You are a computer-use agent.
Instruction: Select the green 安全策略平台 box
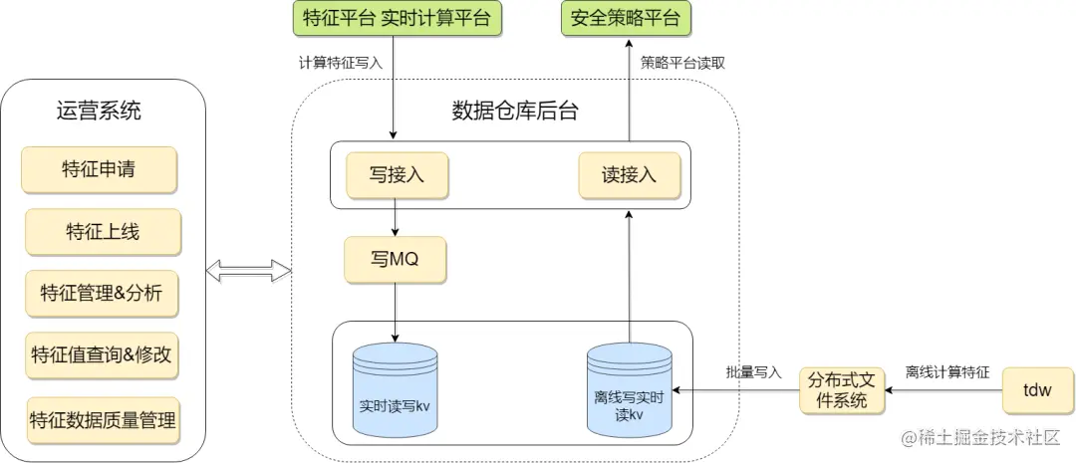[626, 18]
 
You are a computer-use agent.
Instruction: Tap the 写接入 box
[397, 174]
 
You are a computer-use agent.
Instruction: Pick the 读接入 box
[630, 174]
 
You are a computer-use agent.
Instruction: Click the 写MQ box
[395, 259]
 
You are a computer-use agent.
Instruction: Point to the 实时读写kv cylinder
[395, 390]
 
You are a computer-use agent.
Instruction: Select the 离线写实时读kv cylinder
[629, 390]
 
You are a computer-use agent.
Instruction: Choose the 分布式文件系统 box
[842, 390]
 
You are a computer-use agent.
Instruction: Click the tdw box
[1036, 390]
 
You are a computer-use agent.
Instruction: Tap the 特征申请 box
[100, 169]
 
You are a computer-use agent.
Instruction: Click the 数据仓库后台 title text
[514, 110]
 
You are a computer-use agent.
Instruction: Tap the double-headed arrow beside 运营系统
[248, 270]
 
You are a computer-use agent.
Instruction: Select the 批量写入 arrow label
[753, 372]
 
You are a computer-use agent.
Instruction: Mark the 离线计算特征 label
[946, 372]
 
